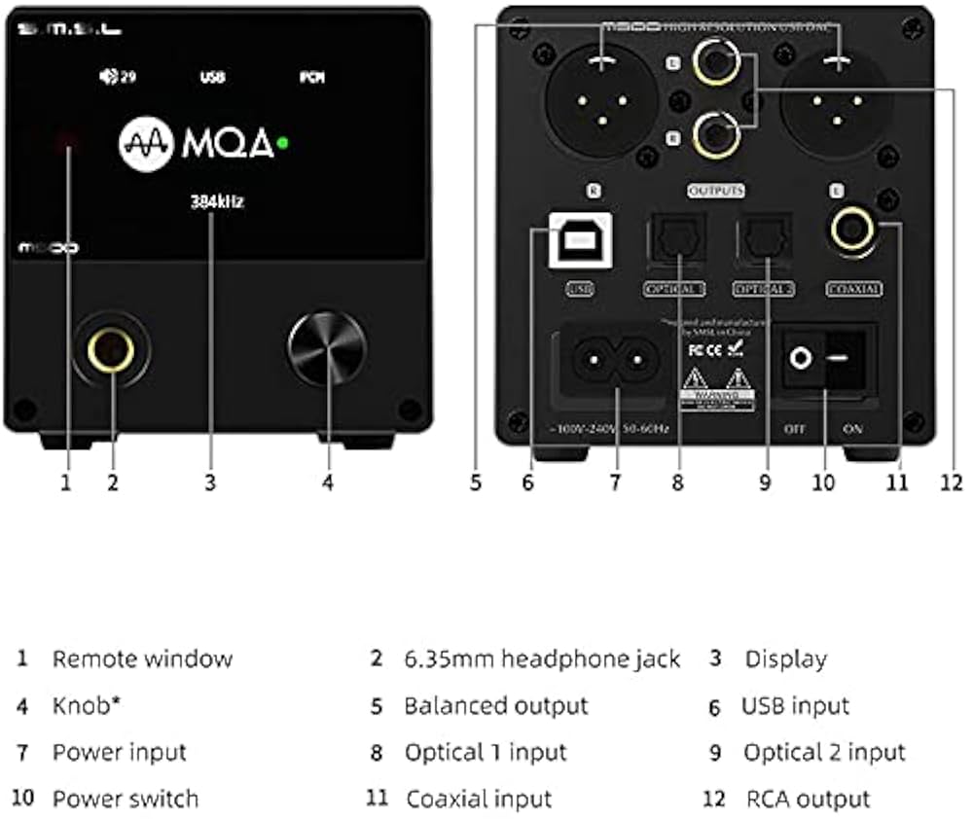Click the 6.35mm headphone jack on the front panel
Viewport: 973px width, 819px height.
[110, 349]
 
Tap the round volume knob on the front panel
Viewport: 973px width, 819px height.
[327, 348]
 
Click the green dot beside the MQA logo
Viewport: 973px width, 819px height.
[282, 143]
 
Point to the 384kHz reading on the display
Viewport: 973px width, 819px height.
[216, 203]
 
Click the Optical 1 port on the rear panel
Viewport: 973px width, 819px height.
[673, 239]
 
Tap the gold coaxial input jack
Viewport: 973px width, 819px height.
[853, 231]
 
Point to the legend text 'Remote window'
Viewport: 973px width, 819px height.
[142, 659]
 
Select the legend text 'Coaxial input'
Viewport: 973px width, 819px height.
[479, 800]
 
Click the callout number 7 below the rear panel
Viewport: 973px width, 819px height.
[615, 481]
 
